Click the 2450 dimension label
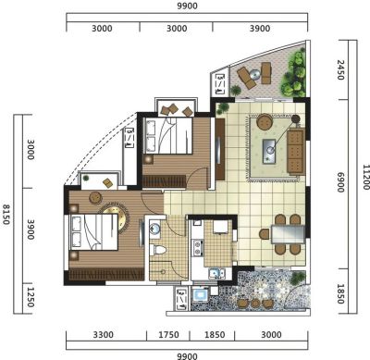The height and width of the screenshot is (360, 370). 340,70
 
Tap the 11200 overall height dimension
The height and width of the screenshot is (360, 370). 365,177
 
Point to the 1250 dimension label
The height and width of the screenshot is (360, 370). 31,297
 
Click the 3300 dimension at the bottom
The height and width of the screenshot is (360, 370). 104,335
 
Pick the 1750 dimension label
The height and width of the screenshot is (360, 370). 168,335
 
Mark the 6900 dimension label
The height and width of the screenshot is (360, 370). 340,182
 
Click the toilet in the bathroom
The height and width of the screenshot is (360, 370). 157,249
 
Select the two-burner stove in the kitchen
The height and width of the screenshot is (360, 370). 197,248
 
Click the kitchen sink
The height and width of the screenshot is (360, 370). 216,273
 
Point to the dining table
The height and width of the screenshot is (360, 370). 288,234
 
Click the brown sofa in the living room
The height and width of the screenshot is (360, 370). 296,152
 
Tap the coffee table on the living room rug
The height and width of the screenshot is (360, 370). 269,151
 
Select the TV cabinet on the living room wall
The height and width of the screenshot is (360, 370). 220,149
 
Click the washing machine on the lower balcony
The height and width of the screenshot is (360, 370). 201,293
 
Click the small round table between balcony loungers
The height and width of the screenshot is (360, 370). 255,75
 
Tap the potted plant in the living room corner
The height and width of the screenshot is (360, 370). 223,108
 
